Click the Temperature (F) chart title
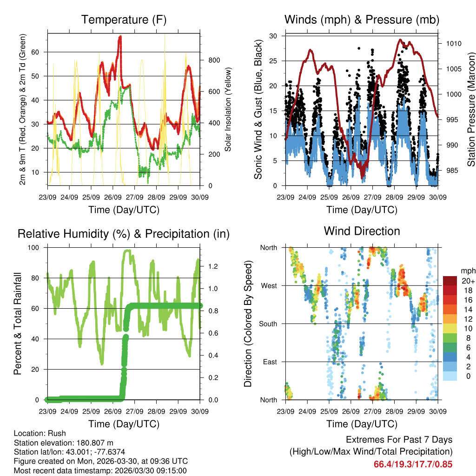click(124, 20)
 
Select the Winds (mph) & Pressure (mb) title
click(362, 20)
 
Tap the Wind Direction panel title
click(362, 231)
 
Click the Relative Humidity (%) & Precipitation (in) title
click(124, 234)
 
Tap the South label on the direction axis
click(268, 324)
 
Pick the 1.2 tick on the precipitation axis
click(213, 266)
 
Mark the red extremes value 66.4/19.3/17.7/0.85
click(413, 464)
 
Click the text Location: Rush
click(40, 433)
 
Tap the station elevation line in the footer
click(64, 443)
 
